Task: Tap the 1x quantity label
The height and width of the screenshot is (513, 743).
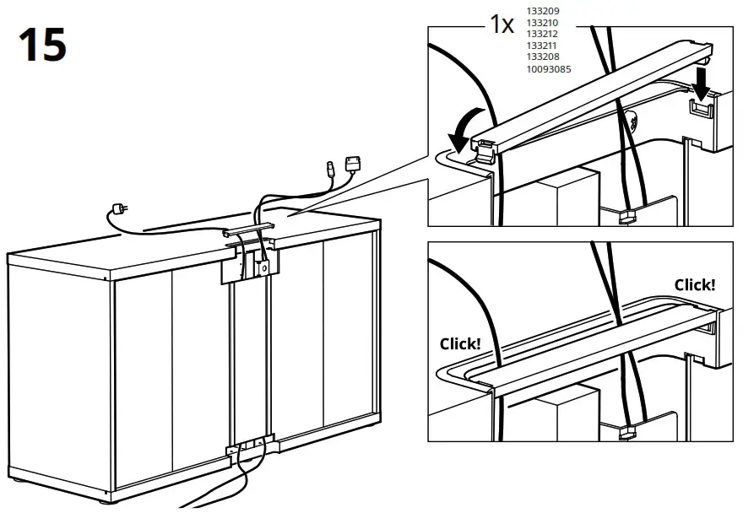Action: click(502, 24)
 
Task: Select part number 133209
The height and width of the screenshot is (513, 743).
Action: click(543, 10)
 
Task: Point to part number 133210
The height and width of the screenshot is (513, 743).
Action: click(543, 22)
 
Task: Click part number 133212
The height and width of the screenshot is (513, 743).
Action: click(543, 34)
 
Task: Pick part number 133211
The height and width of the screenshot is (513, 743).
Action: click(543, 46)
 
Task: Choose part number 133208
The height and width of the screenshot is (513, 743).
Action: click(543, 57)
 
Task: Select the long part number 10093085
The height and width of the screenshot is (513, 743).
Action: click(548, 68)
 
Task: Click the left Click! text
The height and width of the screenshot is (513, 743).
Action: click(460, 343)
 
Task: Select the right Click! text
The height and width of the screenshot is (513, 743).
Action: click(694, 285)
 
